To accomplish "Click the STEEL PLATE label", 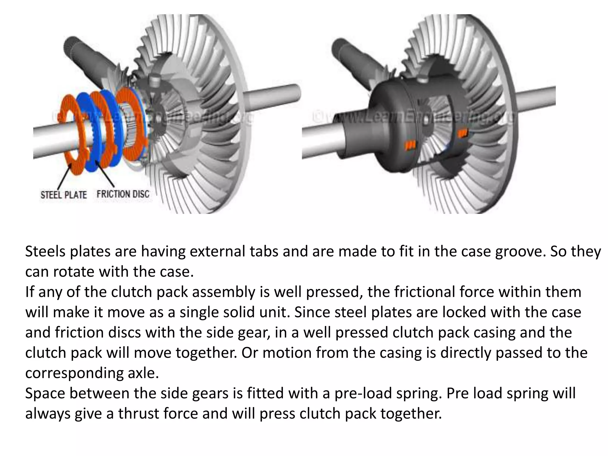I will coord(64,195).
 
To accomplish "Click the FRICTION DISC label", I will coord(123,194).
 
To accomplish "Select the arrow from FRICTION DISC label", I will coord(105,172).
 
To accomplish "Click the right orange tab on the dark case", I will coord(462,133).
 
